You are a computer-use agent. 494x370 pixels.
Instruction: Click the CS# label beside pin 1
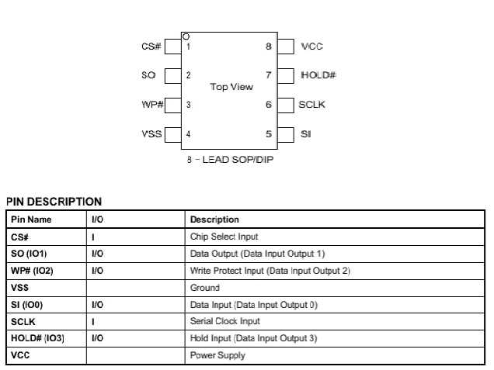point(151,47)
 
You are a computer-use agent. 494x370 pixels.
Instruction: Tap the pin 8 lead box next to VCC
point(285,47)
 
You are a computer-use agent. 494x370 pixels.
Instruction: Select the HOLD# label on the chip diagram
point(318,75)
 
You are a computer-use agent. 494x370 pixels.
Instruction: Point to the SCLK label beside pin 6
point(312,105)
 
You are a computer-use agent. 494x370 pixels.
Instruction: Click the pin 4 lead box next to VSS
point(172,134)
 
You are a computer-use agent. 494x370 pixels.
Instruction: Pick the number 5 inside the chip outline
point(269,134)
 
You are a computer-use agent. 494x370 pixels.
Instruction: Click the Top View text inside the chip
point(231,87)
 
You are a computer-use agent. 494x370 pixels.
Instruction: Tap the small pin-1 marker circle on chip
point(185,36)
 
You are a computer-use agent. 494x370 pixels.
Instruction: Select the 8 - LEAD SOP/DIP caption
point(230,161)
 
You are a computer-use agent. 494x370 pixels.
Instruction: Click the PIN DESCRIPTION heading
point(54,202)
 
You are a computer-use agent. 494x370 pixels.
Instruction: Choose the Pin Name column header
point(31,220)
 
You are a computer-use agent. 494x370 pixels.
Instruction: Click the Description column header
point(214,220)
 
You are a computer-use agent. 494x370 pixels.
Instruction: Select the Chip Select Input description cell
point(224,237)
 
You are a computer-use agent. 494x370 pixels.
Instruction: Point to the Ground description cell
point(204,288)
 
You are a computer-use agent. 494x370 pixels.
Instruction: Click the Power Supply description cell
point(217,355)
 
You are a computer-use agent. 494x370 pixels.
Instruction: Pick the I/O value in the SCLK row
point(93,321)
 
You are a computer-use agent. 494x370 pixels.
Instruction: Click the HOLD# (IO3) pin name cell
point(37,338)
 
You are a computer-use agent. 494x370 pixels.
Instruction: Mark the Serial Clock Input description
point(222,321)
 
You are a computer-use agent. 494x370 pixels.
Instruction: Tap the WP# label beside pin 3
point(151,105)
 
